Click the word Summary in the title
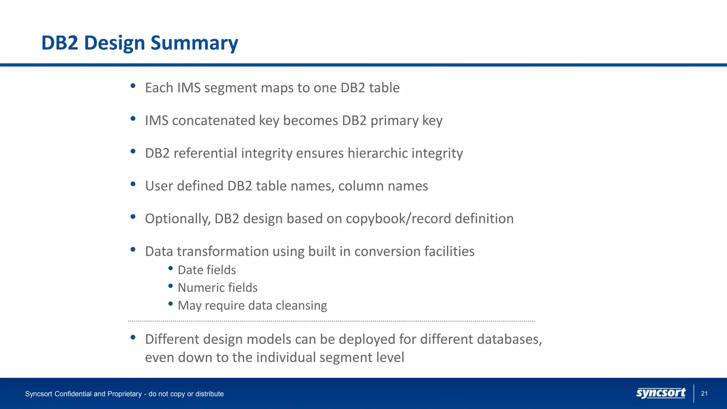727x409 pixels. point(194,43)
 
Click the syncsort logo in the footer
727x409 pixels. point(661,393)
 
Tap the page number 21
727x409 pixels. point(704,393)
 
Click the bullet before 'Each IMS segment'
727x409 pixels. point(133,86)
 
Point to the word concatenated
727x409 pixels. point(213,121)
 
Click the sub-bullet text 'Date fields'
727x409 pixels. point(207,270)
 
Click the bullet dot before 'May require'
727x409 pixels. point(170,304)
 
